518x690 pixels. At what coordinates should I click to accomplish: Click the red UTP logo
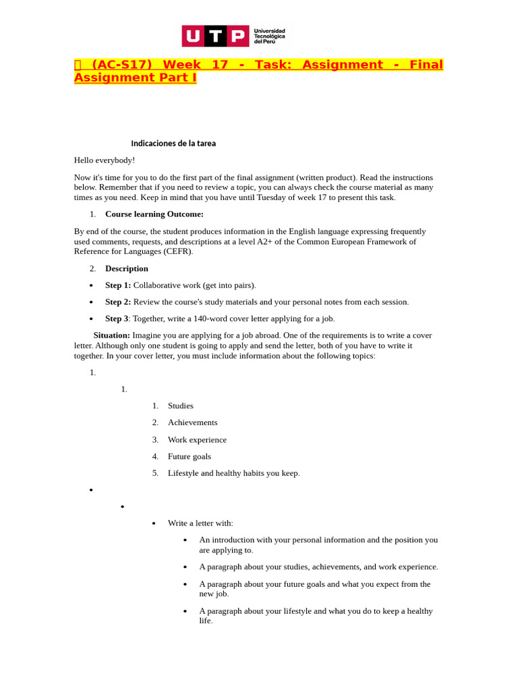[x=215, y=36]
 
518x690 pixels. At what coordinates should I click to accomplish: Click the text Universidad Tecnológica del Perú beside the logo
[x=269, y=36]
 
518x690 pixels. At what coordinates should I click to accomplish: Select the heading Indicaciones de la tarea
[x=173, y=144]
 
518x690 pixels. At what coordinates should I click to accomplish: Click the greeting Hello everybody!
[x=105, y=160]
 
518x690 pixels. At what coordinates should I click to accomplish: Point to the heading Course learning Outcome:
[x=154, y=214]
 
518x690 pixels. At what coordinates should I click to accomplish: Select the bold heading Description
[x=126, y=268]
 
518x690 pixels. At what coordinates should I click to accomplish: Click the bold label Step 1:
[x=118, y=285]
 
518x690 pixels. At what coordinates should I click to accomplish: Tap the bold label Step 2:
[x=118, y=302]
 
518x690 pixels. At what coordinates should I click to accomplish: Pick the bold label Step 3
[x=117, y=319]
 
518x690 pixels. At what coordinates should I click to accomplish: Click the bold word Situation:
[x=111, y=335]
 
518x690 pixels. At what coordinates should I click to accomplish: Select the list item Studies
[x=181, y=406]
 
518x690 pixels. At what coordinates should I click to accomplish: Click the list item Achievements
[x=192, y=422]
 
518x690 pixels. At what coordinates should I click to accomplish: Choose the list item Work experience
[x=197, y=439]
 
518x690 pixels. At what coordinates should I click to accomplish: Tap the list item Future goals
[x=190, y=456]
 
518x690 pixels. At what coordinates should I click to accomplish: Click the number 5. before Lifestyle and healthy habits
[x=155, y=473]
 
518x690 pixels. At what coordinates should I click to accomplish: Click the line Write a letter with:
[x=200, y=524]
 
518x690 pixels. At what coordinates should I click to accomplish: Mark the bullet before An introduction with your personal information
[x=185, y=540]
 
